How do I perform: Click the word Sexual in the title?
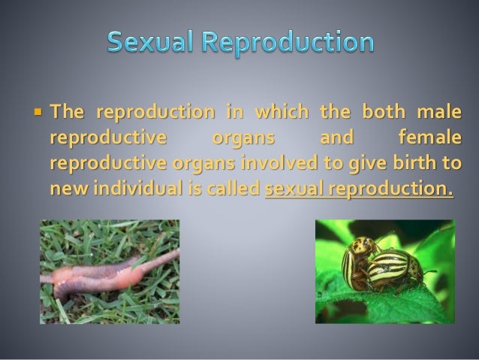coord(155,42)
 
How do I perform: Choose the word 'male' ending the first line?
coord(438,113)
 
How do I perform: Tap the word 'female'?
coord(428,138)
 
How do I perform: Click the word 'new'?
coord(67,187)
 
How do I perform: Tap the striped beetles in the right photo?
coord(379,263)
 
